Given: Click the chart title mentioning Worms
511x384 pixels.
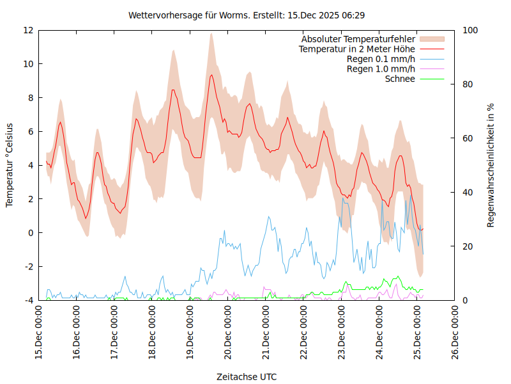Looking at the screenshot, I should (247, 15).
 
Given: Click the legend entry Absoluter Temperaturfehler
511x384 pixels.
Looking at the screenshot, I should (358, 39).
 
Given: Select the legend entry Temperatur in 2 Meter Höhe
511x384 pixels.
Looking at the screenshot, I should (357, 49).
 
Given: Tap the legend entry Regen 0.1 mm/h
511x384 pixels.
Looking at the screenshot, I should (381, 59).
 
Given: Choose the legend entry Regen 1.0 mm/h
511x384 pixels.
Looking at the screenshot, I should (381, 68).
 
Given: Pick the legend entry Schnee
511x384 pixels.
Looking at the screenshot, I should (400, 79).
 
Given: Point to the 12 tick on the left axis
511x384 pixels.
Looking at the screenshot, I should (28, 30).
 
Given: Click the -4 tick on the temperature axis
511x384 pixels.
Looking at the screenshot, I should (28, 300).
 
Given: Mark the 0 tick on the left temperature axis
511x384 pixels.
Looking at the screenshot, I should (31, 233).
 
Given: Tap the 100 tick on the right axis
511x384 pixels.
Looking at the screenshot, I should (470, 30).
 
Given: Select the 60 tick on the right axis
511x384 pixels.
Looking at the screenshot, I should (468, 138).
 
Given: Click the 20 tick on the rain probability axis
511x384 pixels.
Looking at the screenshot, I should (468, 246).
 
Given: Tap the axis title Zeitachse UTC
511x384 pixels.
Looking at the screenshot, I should (247, 376).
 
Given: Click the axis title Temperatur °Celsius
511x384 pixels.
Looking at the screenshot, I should (10, 164).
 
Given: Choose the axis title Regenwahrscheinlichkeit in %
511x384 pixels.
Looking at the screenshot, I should (491, 165).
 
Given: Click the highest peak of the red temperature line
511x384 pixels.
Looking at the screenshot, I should (211, 75).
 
